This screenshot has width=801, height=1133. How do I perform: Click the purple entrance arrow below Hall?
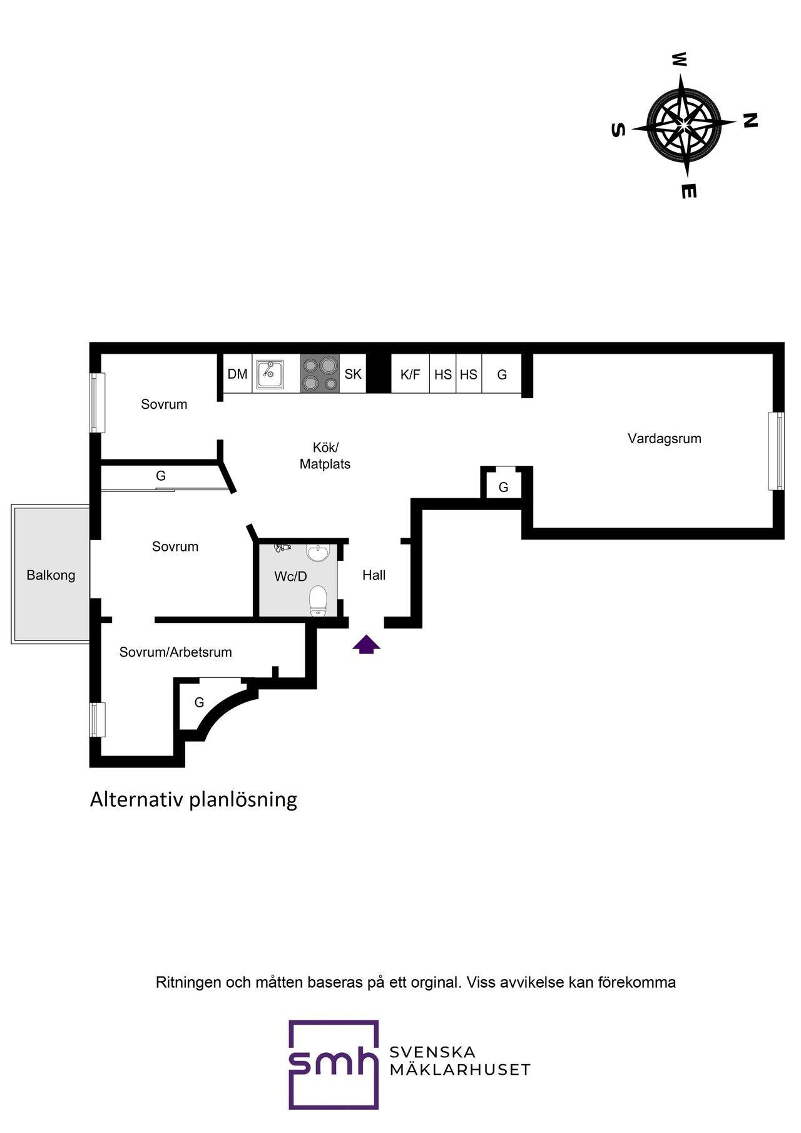[x=366, y=645]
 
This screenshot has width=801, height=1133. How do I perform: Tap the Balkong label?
[x=51, y=575]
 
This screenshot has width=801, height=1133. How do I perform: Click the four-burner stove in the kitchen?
[x=320, y=374]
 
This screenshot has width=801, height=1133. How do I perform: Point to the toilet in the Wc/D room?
[x=319, y=601]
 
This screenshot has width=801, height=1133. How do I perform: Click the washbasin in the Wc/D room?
[x=318, y=553]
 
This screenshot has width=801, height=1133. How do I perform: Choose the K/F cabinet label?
[x=410, y=374]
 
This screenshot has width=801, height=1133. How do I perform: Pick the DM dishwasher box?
[x=237, y=374]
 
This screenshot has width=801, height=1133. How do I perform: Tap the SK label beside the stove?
[x=353, y=374]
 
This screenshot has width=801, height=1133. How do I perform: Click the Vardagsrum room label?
[x=664, y=438]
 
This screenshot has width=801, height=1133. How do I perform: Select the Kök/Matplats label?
[x=325, y=456]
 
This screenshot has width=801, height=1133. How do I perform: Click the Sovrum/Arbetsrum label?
[x=175, y=652]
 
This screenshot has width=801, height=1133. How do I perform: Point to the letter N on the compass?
[x=750, y=120]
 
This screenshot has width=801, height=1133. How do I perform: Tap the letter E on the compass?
[x=688, y=191]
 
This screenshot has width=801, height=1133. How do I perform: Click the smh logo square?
[x=334, y=1064]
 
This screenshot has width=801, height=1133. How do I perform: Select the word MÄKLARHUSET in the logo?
[x=460, y=1070]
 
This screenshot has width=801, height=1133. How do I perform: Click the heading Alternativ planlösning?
[x=193, y=799]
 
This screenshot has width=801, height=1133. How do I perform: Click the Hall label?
[x=374, y=575]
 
